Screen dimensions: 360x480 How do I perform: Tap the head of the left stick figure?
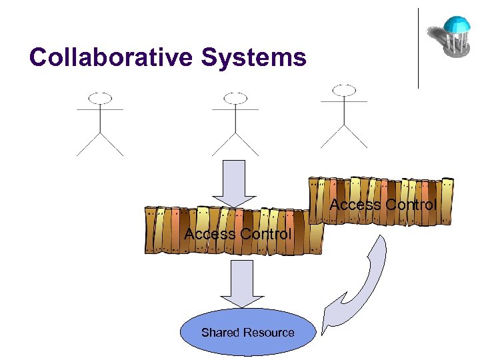[100, 98]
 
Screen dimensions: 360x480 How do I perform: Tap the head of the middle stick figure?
[235, 99]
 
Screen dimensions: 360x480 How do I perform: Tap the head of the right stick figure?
[344, 90]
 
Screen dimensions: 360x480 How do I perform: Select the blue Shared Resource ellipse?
[247, 331]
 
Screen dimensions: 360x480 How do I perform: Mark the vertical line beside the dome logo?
[419, 48]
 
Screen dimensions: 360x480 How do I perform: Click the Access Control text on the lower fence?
[238, 234]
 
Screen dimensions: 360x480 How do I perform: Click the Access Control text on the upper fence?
[383, 205]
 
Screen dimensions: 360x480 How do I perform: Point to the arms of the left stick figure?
[100, 109]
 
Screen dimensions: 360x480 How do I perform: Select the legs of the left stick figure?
[100, 144]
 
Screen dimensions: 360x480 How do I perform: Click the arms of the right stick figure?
[344, 101]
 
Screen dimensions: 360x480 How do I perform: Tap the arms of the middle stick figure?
[235, 109]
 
